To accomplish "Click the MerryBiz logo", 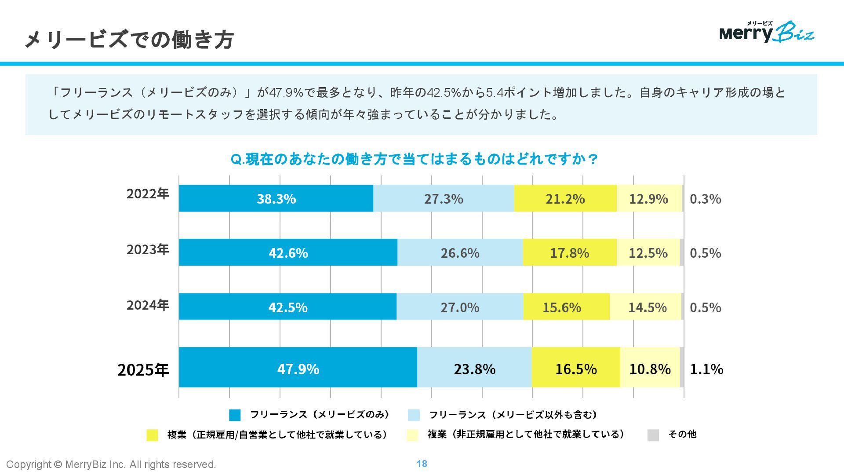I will pyautogui.click(x=767, y=32).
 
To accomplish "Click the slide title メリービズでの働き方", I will pyautogui.click(x=129, y=40).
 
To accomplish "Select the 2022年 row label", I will pyautogui.click(x=148, y=194).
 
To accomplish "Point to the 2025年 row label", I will pyautogui.click(x=143, y=369).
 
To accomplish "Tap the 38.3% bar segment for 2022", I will pyautogui.click(x=276, y=199).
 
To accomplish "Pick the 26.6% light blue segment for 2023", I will pyautogui.click(x=460, y=253).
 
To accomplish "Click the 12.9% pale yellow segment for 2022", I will pyautogui.click(x=649, y=199).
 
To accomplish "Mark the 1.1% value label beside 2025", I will pyautogui.click(x=706, y=369).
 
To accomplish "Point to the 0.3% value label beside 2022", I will pyautogui.click(x=705, y=199).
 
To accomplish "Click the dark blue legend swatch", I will pyautogui.click(x=235, y=415).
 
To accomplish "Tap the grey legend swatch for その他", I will pyautogui.click(x=653, y=435).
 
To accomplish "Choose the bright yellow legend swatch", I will pyautogui.click(x=152, y=435).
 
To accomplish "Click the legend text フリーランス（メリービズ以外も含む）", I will pyautogui.click(x=513, y=415).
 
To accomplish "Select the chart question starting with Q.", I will pyautogui.click(x=414, y=159).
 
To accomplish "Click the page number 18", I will pyautogui.click(x=422, y=464).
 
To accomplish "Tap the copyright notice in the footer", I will pyautogui.click(x=111, y=464).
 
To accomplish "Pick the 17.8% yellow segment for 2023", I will pyautogui.click(x=569, y=253).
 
